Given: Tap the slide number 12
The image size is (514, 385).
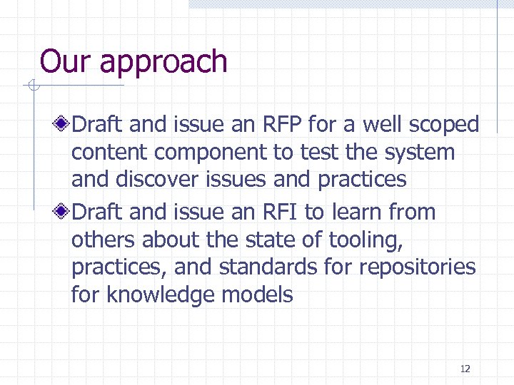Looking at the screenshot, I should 465,369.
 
